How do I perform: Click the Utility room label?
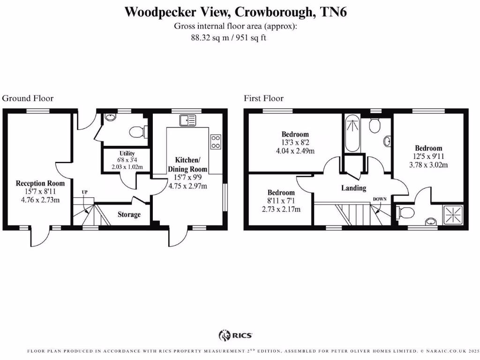coord(127,153)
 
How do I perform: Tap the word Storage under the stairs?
coord(129,215)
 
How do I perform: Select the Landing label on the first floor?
coord(353,188)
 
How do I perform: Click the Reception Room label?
coord(40,183)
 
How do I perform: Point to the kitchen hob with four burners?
coord(216,142)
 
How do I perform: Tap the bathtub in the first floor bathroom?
coord(352,135)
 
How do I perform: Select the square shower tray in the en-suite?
coord(453,215)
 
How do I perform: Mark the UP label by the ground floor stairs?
coord(85,192)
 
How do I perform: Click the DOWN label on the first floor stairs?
coord(380,199)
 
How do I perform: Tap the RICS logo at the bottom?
coord(236,335)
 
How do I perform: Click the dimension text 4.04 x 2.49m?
coord(295,151)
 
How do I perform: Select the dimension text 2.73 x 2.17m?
coord(281,209)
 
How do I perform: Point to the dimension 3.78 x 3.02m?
coord(428,165)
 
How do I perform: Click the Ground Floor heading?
coord(28,98)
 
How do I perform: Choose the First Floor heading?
coord(263,98)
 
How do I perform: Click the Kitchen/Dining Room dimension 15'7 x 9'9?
coord(187,178)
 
